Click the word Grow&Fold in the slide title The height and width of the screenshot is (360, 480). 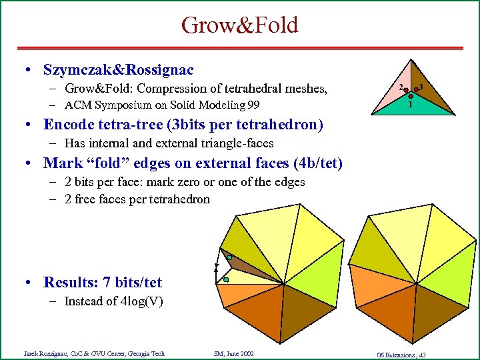click(x=239, y=25)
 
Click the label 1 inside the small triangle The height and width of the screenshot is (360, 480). click(x=410, y=105)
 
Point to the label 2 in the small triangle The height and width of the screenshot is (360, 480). click(x=399, y=87)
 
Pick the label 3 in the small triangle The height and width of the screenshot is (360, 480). click(x=422, y=87)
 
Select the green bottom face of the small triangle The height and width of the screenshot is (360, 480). click(x=410, y=111)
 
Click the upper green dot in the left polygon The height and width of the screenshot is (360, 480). click(x=229, y=257)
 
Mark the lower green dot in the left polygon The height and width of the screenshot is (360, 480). click(x=226, y=281)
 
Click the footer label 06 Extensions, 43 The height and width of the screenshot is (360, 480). click(x=401, y=353)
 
